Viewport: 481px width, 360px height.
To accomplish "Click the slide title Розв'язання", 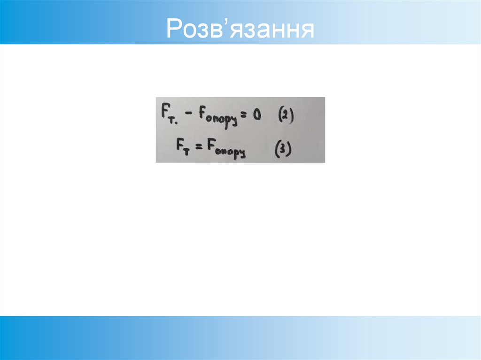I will (x=240, y=29).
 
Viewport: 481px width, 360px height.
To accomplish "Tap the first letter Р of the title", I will (x=173, y=29).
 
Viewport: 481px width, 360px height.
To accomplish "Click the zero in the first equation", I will (x=256, y=114).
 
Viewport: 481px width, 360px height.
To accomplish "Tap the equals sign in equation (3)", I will (x=199, y=146).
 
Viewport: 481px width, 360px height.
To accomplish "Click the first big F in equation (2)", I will (x=164, y=113).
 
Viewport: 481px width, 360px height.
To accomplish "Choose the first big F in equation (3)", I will (x=180, y=145).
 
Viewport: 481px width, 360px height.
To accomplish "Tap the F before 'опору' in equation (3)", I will (x=213, y=146).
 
